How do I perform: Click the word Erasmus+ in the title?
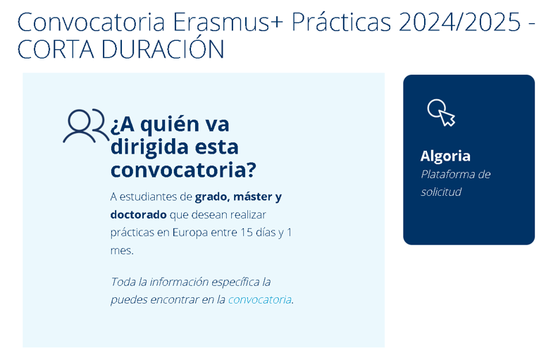(228, 22)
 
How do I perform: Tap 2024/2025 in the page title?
(459, 22)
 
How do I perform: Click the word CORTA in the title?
(56, 49)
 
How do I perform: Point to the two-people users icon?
(86, 125)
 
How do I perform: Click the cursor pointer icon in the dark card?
(441, 113)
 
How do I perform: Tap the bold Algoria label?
(445, 156)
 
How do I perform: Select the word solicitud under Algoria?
(441, 192)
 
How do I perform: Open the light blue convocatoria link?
(260, 299)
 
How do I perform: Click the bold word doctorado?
(138, 214)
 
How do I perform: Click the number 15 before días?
(246, 232)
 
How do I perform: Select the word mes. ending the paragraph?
(122, 251)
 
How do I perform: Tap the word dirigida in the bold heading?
(150, 147)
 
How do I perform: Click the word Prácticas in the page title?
(341, 22)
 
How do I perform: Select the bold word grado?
(211, 197)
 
